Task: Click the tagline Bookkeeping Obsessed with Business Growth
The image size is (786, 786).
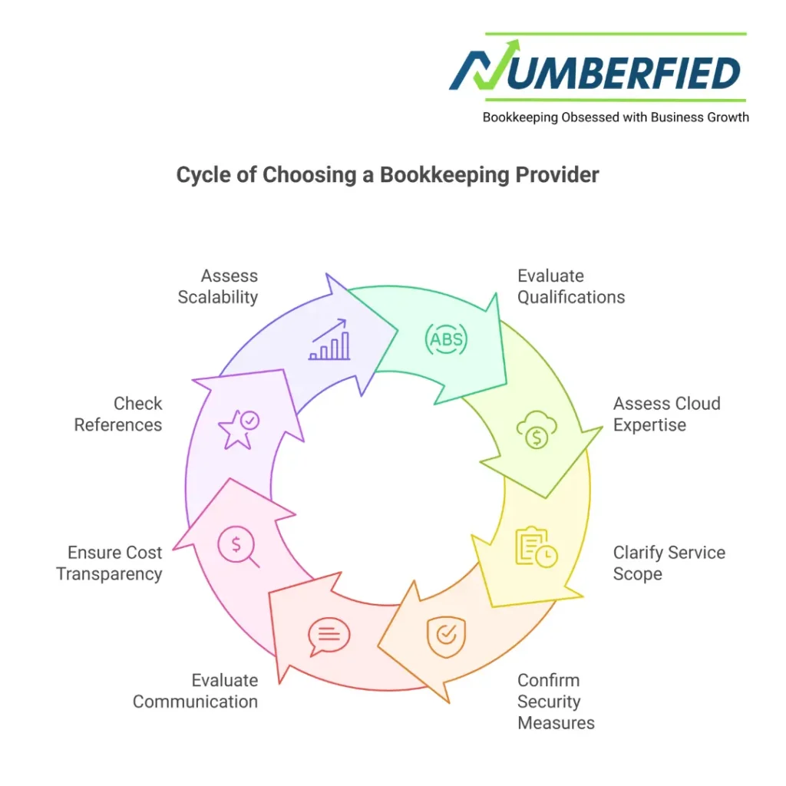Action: [x=615, y=117]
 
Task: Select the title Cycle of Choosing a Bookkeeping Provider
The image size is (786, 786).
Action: [x=388, y=174]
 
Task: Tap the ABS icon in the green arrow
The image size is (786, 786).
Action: [x=447, y=339]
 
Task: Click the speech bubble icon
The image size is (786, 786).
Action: [x=329, y=636]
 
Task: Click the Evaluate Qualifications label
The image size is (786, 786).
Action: [x=570, y=286]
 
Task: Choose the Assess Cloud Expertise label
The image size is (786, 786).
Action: [x=666, y=414]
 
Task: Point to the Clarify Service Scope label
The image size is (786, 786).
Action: [x=669, y=563]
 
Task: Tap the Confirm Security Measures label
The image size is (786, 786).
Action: [x=556, y=701]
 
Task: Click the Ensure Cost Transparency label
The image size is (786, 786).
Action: [x=109, y=563]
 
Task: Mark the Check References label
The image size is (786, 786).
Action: [x=118, y=414]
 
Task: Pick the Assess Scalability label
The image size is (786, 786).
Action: [x=218, y=286]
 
